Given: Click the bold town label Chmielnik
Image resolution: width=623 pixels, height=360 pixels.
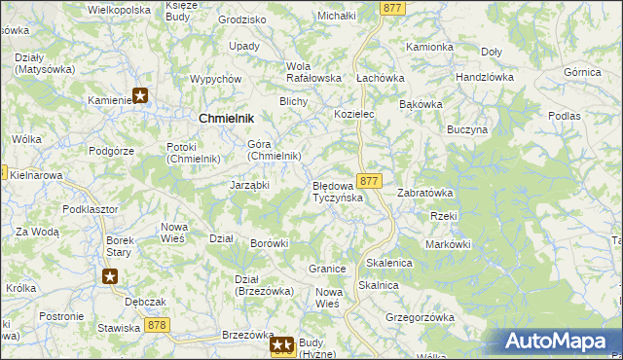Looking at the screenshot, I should [x=226, y=118].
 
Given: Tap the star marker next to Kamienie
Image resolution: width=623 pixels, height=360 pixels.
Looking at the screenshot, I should [x=140, y=95].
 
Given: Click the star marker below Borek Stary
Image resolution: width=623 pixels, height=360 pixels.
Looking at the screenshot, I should [x=110, y=276].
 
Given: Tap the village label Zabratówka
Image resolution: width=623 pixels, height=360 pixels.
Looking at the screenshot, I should [x=424, y=193].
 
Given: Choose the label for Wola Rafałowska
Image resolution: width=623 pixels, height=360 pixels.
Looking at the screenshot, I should [x=312, y=72].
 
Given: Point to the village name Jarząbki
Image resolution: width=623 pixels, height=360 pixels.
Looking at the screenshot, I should [x=248, y=184].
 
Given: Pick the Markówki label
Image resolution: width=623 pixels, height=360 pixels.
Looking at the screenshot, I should [x=448, y=243].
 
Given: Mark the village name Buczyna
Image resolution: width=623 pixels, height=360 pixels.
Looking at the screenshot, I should [x=466, y=128].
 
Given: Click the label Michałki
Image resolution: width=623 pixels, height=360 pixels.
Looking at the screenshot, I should [x=337, y=17].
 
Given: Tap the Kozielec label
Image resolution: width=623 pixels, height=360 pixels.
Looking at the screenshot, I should [x=354, y=114].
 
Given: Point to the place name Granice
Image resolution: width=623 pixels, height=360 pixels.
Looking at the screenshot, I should [x=327, y=269].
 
